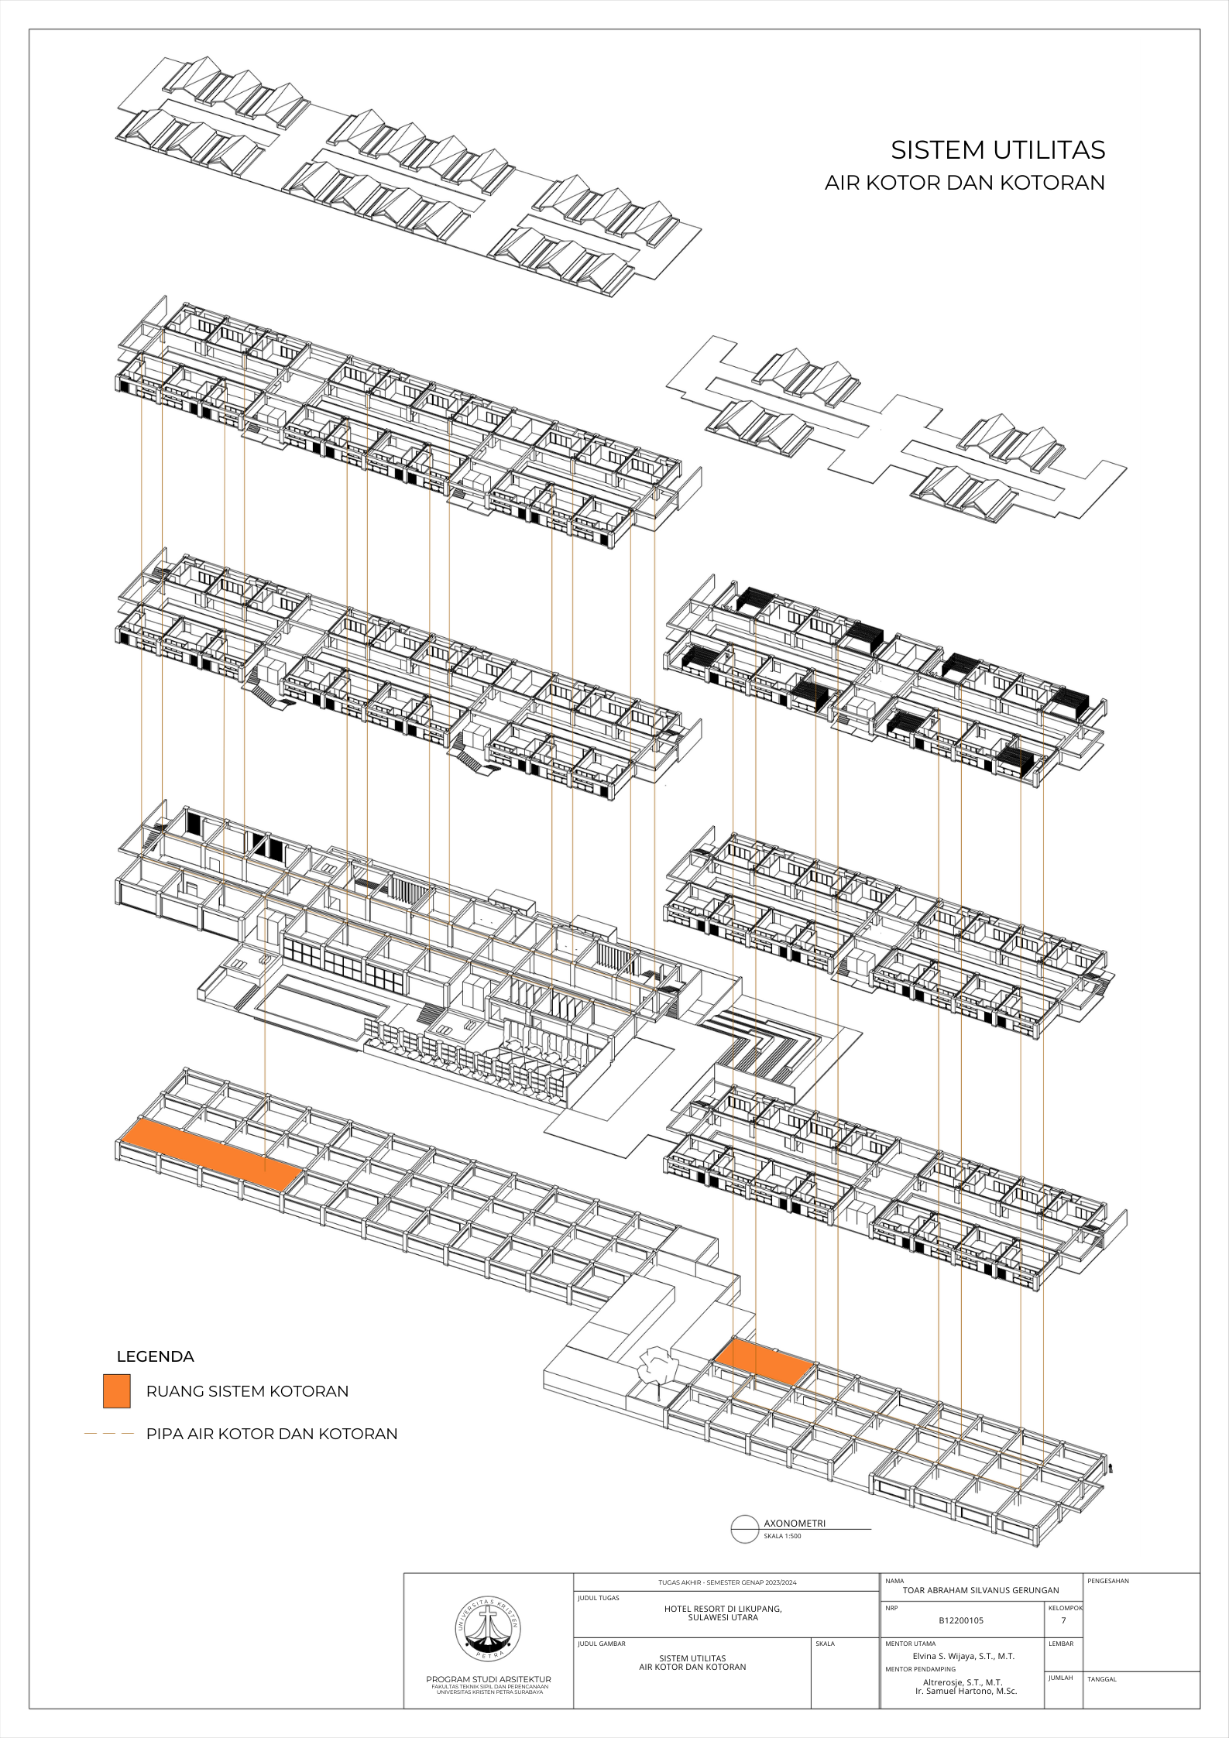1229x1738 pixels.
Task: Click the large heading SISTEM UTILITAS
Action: tap(997, 149)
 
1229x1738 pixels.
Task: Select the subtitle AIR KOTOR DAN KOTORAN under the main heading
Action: tap(964, 183)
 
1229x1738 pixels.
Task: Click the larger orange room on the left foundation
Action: tap(209, 1153)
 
